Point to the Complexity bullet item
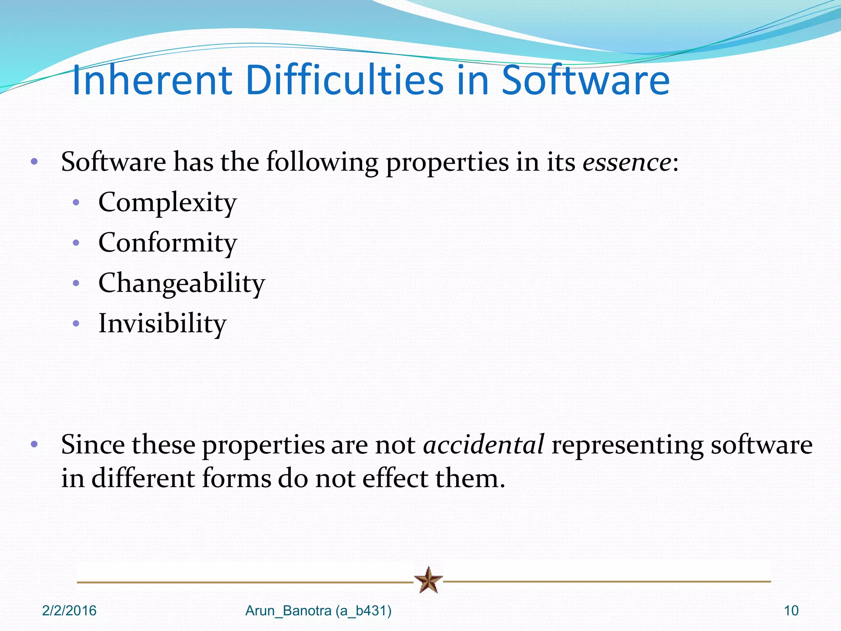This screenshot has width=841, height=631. coord(168,203)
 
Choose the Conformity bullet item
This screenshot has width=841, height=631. coord(168,243)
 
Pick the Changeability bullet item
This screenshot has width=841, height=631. coord(182,283)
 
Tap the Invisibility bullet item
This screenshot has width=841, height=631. coord(162,324)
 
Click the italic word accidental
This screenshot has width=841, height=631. coord(484,445)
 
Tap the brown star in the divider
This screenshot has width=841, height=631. coord(428,580)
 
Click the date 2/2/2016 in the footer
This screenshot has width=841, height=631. coord(69,611)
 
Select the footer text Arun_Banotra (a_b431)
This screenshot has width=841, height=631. coord(318,611)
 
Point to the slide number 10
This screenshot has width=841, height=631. coord(791,611)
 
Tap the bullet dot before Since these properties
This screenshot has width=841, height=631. coord(34,444)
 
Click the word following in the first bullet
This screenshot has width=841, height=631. coord(322,162)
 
